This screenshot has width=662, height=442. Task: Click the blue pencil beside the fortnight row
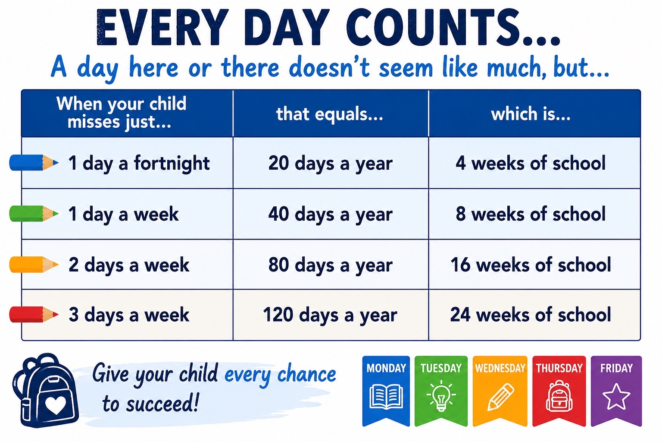34,163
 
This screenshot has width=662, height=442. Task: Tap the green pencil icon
34,214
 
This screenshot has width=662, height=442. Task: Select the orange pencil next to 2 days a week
34,264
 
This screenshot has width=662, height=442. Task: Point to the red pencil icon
34,314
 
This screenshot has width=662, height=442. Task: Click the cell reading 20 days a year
331,163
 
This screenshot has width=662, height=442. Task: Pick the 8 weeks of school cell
534,214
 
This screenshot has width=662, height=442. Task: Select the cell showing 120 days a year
331,315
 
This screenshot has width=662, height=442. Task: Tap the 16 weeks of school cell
534,264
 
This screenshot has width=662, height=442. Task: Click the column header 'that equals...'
330,114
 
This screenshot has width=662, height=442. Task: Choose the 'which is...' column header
531,114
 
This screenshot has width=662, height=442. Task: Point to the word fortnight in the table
172,164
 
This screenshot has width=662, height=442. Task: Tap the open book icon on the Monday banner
386,396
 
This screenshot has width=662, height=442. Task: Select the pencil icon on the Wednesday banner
500,397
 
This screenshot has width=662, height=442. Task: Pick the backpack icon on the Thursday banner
559,396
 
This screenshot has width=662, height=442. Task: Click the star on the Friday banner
616,397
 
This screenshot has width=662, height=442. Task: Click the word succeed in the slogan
162,404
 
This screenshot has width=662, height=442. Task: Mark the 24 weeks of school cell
534,315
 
